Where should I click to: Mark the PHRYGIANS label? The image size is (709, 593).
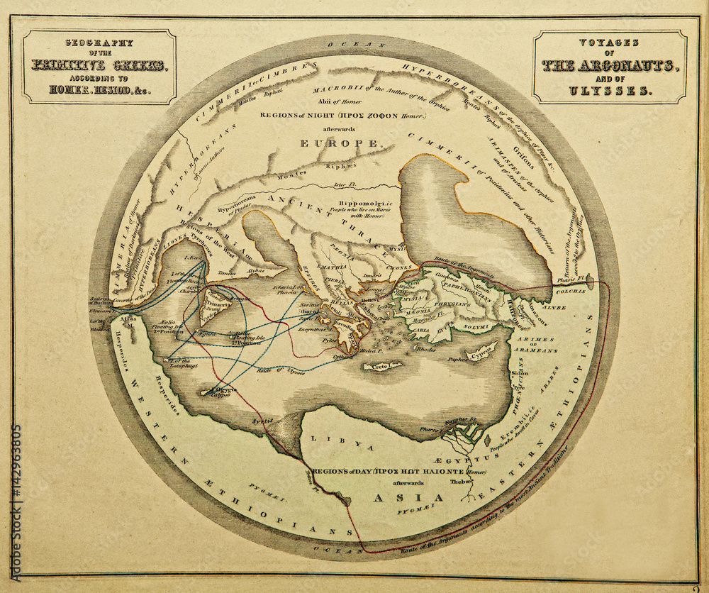click(x=471, y=304)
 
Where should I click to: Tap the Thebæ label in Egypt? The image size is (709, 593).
click(x=464, y=481)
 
